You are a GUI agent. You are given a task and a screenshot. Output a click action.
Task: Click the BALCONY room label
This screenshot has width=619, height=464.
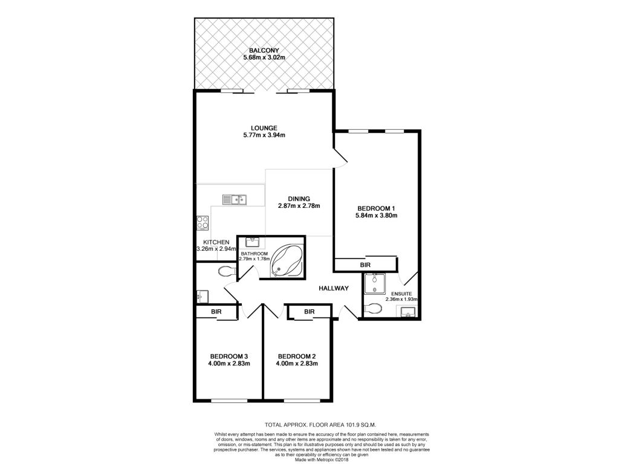[x=264, y=51]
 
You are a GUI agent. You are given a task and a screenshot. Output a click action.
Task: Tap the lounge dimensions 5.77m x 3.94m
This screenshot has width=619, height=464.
[x=264, y=135]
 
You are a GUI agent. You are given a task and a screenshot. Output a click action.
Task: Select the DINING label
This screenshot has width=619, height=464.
[x=299, y=199]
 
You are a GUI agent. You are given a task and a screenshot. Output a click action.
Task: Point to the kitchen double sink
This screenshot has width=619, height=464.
[x=235, y=199]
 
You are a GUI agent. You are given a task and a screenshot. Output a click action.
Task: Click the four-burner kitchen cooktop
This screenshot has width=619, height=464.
[x=203, y=223]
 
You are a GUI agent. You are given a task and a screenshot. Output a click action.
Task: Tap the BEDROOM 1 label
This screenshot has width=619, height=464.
[x=376, y=208]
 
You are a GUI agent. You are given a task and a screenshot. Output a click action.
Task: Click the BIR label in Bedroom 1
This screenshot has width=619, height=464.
[x=365, y=265]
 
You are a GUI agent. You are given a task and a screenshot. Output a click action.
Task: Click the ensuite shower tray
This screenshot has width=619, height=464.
[x=375, y=284]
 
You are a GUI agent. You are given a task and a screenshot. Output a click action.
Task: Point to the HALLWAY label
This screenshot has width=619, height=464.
[x=334, y=288]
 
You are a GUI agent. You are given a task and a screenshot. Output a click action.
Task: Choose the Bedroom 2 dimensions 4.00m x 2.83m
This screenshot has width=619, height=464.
[x=297, y=363]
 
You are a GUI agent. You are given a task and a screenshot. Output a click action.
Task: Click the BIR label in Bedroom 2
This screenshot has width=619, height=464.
[x=309, y=312]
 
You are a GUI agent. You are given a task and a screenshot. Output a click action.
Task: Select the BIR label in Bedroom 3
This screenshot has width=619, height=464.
[x=216, y=312]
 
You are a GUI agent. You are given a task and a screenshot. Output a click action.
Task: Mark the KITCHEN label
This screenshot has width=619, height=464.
[x=216, y=242]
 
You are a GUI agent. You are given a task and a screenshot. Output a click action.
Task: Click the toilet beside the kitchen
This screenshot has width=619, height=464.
[x=227, y=271]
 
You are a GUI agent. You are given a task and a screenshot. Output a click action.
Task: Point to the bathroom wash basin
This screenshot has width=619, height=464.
[x=253, y=242]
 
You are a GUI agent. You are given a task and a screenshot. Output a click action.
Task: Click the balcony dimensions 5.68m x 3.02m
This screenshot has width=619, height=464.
[x=264, y=57]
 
